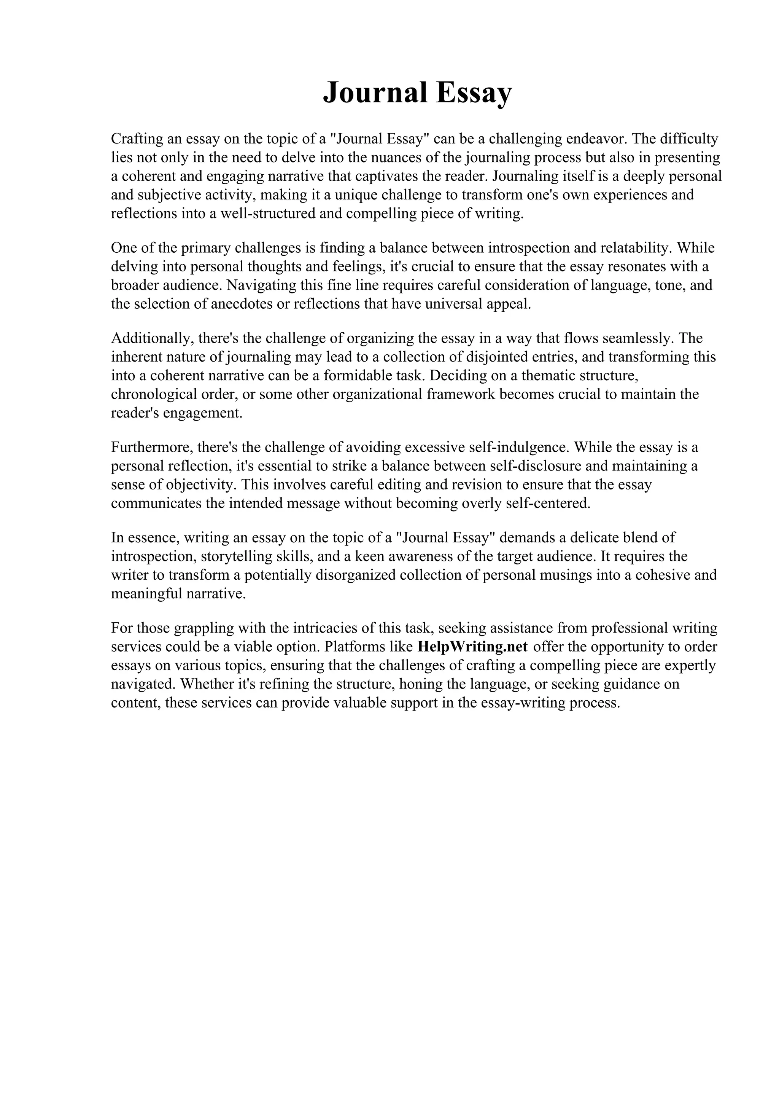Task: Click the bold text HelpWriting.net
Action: (473, 647)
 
